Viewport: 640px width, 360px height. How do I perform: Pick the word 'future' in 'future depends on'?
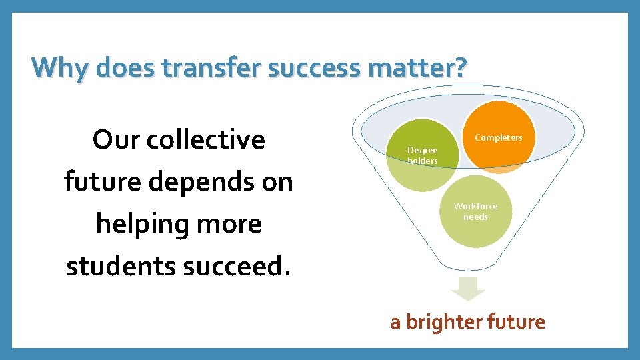pyautogui.click(x=102, y=181)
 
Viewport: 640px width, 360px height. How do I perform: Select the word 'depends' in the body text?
pyautogui.click(x=197, y=182)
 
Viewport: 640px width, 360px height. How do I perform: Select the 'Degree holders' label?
pyautogui.click(x=422, y=155)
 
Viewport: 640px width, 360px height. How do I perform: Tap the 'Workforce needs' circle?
pyautogui.click(x=475, y=211)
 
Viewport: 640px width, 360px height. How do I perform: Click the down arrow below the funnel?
pyautogui.click(x=469, y=289)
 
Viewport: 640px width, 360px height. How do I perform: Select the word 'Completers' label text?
pyautogui.click(x=499, y=137)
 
